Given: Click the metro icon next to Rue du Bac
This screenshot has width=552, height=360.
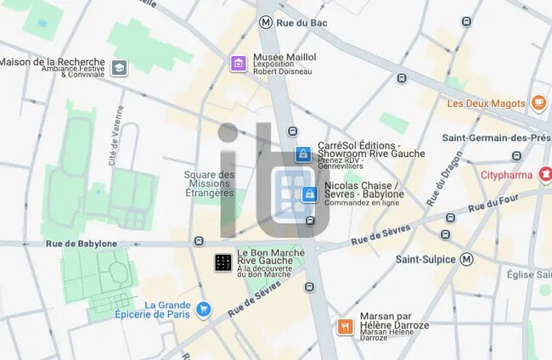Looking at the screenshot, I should [267, 22].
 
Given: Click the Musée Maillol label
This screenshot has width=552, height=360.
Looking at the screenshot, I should [284, 57].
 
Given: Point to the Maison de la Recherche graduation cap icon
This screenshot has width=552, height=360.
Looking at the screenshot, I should [120, 67].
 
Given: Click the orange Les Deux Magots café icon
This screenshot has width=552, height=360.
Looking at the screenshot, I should [538, 103].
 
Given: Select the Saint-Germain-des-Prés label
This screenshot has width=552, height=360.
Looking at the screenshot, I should [496, 138].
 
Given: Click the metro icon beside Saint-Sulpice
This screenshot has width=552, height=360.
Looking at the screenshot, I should [466, 259].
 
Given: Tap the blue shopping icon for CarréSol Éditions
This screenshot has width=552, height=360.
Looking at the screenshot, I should [302, 154].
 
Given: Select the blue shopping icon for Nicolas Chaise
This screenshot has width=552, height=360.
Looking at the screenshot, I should [311, 194].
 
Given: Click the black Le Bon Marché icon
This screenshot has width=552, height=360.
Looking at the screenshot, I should [223, 262].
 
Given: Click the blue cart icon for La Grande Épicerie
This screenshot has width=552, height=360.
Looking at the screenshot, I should [203, 310].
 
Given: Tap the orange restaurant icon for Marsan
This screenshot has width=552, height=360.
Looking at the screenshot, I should [345, 326].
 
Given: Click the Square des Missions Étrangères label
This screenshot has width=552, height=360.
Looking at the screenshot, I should [209, 184].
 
